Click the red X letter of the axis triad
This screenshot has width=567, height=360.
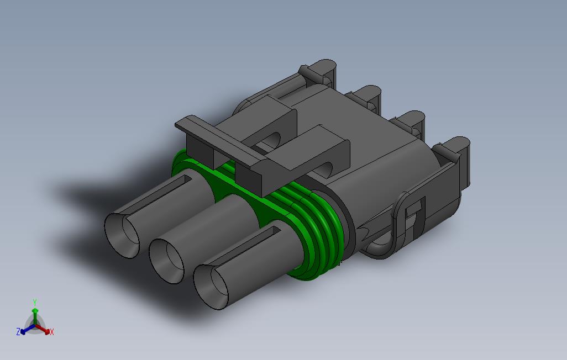pyautogui.click(x=51, y=332)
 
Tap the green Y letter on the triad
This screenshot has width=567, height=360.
pyautogui.click(x=34, y=302)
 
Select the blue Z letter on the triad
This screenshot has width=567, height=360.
pyautogui.click(x=18, y=332)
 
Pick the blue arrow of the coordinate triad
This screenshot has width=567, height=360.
pyautogui.click(x=26, y=330)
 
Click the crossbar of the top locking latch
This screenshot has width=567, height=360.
pyautogui.click(x=221, y=143)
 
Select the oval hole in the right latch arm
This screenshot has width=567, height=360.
pyautogui.click(x=330, y=167)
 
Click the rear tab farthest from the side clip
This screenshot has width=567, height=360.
pyautogui.click(x=321, y=72)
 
